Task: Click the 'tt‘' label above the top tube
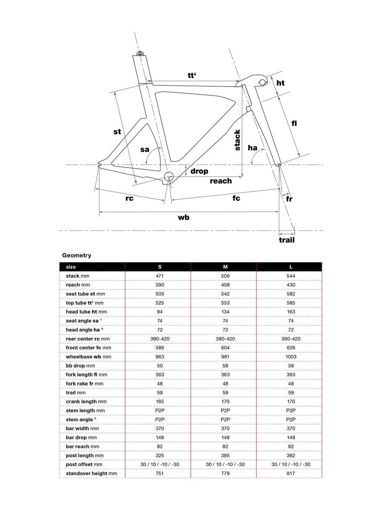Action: click(192, 75)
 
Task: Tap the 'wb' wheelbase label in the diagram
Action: click(183, 217)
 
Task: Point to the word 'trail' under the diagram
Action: click(286, 240)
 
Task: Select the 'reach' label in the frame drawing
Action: click(221, 181)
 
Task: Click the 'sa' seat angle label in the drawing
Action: click(145, 149)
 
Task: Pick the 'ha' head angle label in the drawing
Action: click(252, 148)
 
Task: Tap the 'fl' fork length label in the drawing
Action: click(294, 123)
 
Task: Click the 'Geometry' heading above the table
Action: click(77, 255)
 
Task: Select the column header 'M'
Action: click(225, 267)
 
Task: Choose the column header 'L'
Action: click(291, 267)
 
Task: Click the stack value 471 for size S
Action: click(160, 276)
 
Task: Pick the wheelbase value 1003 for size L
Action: click(291, 357)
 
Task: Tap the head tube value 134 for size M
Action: click(225, 312)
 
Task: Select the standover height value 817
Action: click(291, 473)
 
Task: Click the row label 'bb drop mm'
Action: click(80, 365)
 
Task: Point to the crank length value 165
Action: click(160, 402)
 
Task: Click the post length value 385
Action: click(225, 455)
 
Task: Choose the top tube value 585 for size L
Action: click(291, 303)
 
